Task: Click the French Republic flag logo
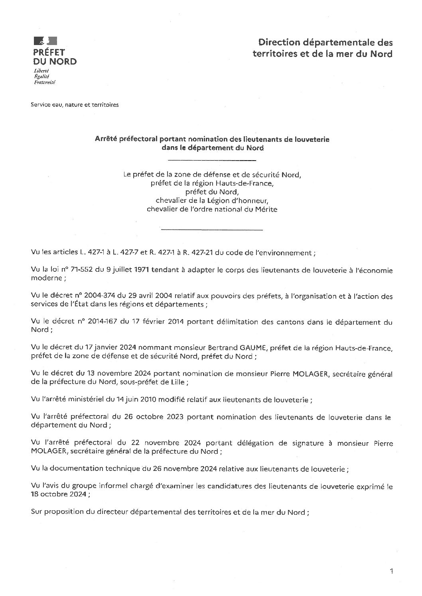pyautogui.click(x=45, y=41)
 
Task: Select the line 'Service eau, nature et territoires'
pyautogui.click(x=75, y=105)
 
